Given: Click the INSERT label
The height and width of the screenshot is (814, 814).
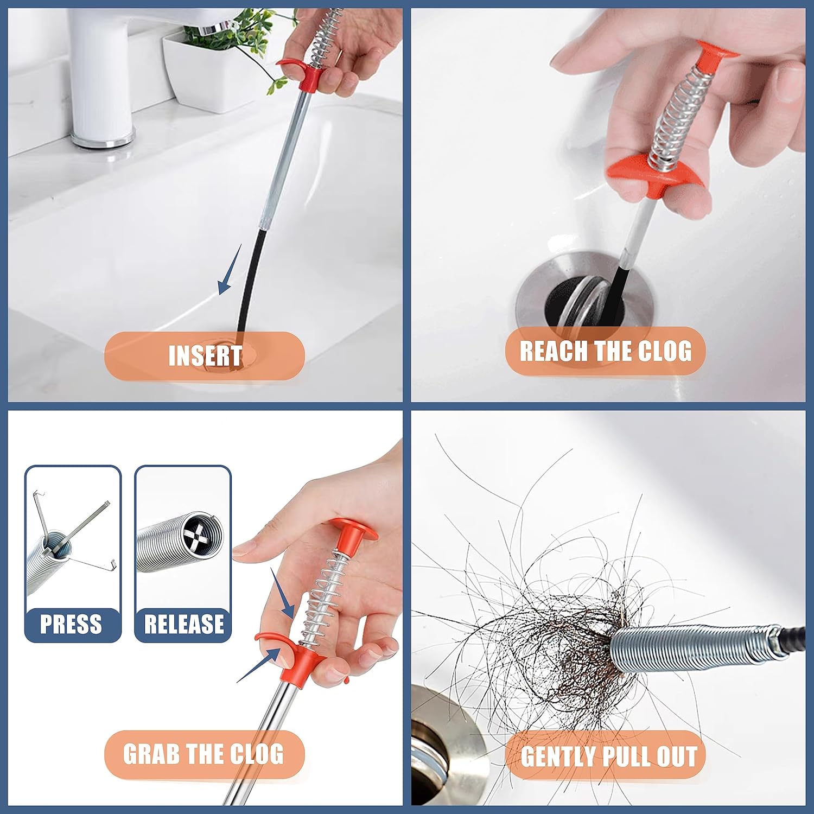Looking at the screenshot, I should click(205, 356).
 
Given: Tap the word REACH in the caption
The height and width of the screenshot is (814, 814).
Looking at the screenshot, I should click(553, 351).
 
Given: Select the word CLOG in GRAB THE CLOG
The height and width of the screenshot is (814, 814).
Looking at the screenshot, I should click(256, 754).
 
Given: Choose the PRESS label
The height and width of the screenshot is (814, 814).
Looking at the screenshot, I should click(71, 624).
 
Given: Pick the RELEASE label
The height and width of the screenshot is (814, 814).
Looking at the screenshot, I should click(183, 624).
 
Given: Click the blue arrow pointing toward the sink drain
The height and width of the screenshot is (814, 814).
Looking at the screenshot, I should click(228, 271).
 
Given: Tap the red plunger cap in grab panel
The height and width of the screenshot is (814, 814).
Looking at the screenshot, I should click(353, 529).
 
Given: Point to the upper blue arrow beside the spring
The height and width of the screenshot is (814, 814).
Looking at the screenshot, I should click(282, 594).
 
